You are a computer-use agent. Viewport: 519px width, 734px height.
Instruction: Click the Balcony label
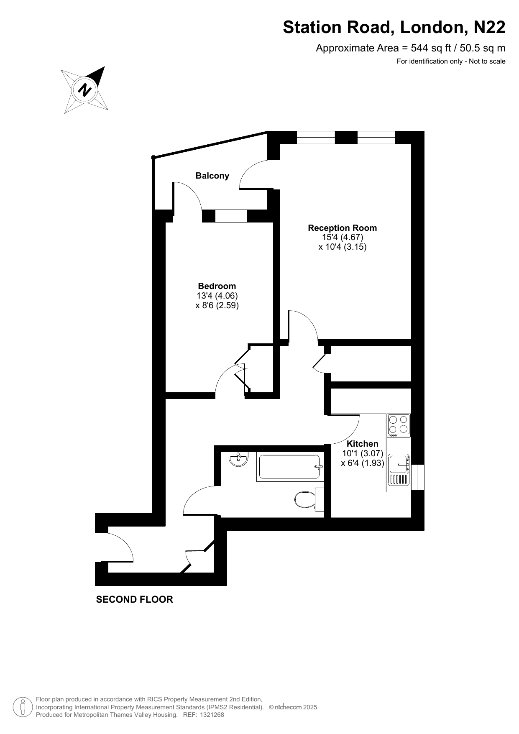(212, 176)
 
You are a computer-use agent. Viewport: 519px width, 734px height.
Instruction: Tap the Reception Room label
(343, 228)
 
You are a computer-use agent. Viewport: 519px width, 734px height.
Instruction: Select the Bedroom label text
(217, 286)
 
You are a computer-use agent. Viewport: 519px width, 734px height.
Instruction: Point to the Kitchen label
(363, 444)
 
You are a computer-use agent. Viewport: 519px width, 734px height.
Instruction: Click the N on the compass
(85, 90)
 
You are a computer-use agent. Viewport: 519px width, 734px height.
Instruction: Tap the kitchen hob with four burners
(399, 426)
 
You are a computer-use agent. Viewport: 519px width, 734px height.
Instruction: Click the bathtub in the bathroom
(289, 467)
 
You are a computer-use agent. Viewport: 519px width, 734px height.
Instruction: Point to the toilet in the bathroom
(309, 499)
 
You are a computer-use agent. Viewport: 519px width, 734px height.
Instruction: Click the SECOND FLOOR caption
(135, 599)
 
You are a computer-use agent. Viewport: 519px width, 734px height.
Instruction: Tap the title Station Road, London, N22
(394, 27)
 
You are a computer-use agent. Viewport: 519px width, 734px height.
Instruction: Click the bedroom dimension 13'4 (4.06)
(217, 296)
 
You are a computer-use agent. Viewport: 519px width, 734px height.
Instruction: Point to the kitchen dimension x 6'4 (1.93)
(363, 463)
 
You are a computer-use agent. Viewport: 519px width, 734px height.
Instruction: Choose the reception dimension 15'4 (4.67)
(343, 237)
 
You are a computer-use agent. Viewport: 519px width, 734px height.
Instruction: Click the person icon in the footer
(23, 707)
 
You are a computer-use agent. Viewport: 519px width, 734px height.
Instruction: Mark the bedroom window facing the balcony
(231, 216)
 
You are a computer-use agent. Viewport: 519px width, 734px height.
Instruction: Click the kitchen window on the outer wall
(418, 477)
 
